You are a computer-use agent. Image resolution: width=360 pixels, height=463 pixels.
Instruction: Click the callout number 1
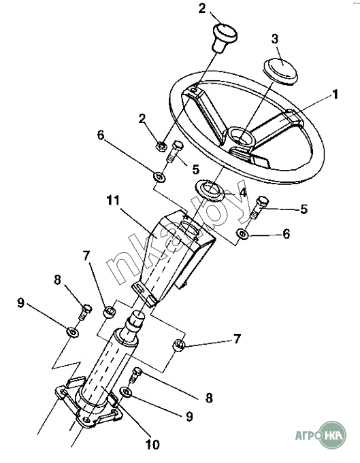pyautogui.click(x=335, y=95)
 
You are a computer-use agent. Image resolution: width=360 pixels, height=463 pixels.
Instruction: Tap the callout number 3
pyautogui.click(x=275, y=39)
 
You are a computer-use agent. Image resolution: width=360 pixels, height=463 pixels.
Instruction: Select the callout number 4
pyautogui.click(x=243, y=193)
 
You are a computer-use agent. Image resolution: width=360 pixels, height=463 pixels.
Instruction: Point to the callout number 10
pyautogui.click(x=152, y=445)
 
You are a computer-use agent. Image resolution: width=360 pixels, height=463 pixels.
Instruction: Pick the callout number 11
pyautogui.click(x=113, y=201)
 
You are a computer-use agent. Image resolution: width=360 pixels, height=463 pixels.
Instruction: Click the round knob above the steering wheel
pyautogui.click(x=225, y=37)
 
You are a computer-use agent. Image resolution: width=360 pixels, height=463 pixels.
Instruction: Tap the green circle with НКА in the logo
pyautogui.click(x=333, y=434)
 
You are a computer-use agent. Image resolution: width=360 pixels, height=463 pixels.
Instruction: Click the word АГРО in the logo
pyautogui.click(x=308, y=435)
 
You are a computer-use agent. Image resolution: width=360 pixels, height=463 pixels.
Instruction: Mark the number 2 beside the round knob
pyautogui.click(x=202, y=9)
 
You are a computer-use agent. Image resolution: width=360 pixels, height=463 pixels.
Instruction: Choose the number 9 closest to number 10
pyautogui.click(x=189, y=417)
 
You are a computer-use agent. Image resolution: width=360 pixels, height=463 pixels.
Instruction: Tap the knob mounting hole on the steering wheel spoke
pyautogui.click(x=194, y=90)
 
